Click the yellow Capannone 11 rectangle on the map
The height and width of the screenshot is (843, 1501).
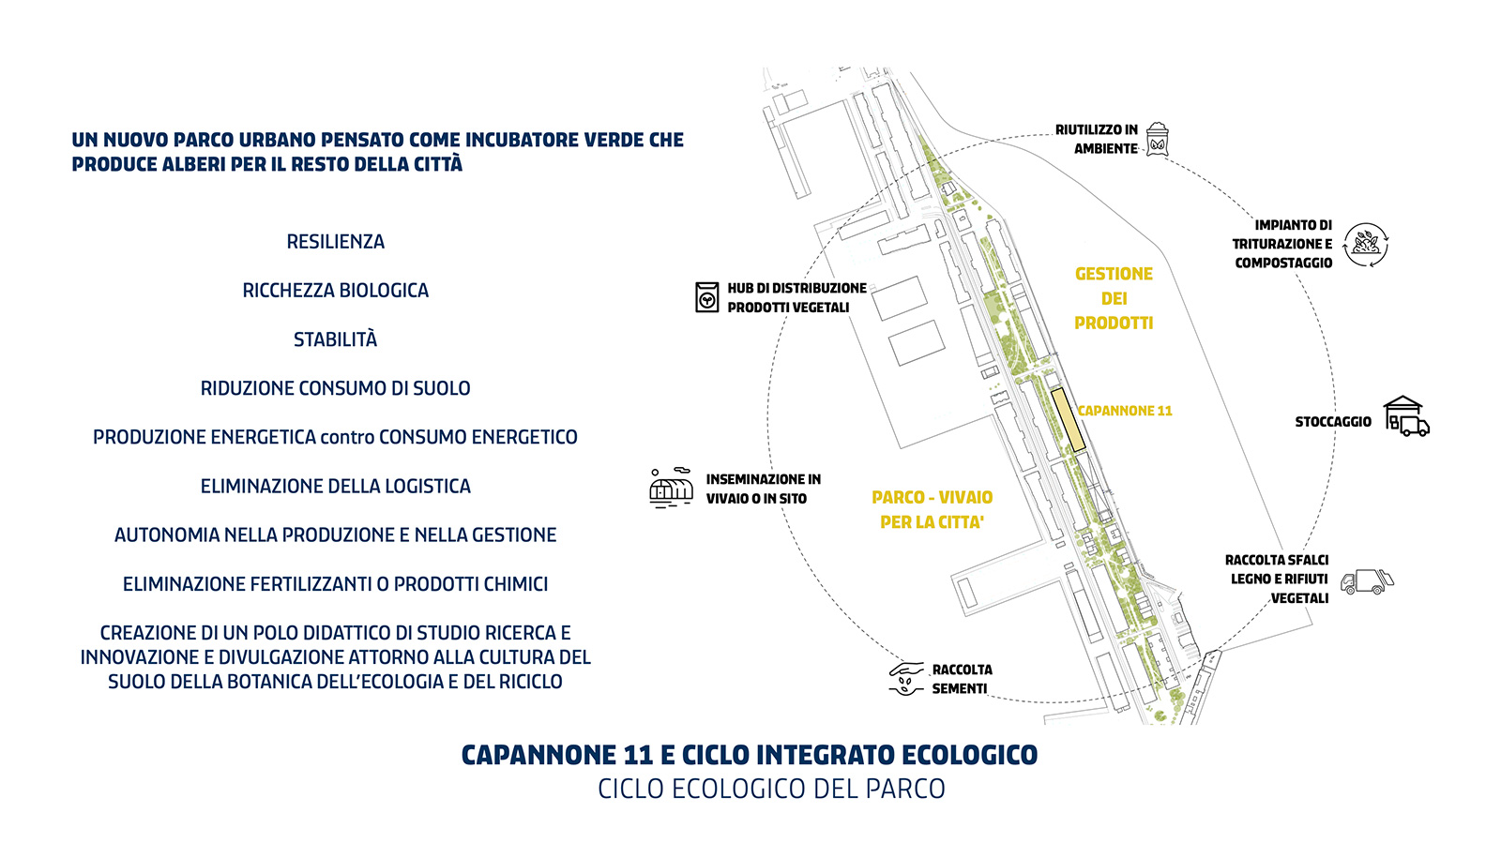[x=1068, y=420]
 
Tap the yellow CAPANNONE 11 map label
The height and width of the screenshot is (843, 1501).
[x=1125, y=411]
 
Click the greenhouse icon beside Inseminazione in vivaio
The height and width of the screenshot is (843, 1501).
[x=671, y=489]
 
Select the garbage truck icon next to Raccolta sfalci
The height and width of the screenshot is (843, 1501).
[x=1367, y=581]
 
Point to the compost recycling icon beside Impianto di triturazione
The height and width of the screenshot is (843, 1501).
[x=1367, y=245]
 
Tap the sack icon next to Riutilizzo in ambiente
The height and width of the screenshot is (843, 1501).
[x=1158, y=140]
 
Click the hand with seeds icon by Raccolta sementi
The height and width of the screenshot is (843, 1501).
[x=906, y=679]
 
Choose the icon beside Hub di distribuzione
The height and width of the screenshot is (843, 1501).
[x=707, y=297]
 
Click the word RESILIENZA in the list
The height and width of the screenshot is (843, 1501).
[x=335, y=242]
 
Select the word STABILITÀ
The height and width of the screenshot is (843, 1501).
[x=335, y=339]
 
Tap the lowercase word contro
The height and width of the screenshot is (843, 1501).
[x=347, y=437]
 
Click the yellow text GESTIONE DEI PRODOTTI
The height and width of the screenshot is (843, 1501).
[x=1114, y=298]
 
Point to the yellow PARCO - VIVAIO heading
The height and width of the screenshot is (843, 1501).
[x=932, y=498]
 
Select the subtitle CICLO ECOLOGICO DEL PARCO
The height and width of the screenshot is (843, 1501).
[x=771, y=789]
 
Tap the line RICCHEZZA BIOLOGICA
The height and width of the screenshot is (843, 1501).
[x=335, y=291]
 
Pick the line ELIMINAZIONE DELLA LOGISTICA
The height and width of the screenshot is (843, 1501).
[x=335, y=486]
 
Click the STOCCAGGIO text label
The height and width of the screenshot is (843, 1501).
[x=1333, y=422]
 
